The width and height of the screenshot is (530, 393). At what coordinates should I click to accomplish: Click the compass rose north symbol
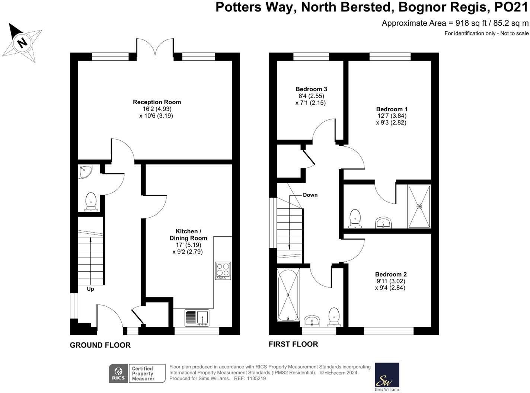(x=22, y=42)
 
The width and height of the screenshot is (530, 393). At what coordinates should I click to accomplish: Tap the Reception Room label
(x=157, y=102)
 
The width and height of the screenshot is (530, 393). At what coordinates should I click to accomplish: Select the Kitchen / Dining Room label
(x=188, y=235)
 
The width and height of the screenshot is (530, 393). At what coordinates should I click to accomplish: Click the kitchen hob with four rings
(x=223, y=271)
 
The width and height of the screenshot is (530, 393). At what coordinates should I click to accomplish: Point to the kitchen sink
(x=203, y=318)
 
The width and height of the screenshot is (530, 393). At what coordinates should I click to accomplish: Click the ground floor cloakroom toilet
(x=91, y=202)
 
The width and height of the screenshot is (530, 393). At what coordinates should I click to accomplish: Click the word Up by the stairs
(x=90, y=289)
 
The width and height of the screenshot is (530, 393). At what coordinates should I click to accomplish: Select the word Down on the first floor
(x=310, y=195)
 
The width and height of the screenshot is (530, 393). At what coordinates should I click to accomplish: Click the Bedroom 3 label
(x=311, y=89)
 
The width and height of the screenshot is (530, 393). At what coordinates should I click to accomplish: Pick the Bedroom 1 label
(x=392, y=109)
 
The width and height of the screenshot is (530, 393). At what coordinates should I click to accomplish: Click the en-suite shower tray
(x=419, y=206)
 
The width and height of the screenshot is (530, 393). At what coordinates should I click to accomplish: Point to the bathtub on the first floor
(x=288, y=295)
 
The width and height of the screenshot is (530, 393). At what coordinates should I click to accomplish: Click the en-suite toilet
(x=355, y=218)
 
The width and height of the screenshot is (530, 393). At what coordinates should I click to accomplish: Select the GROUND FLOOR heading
(x=100, y=345)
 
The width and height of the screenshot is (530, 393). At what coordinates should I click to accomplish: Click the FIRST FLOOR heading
(x=293, y=344)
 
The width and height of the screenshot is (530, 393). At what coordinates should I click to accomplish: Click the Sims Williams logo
(x=387, y=377)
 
